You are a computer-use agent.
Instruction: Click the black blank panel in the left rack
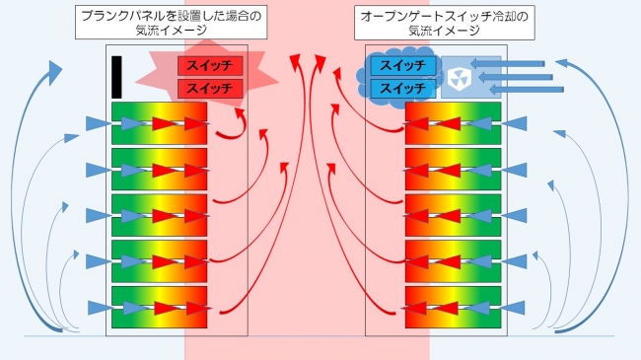pyautogui.click(x=116, y=76)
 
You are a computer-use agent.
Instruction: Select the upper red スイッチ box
pyautogui.click(x=209, y=66)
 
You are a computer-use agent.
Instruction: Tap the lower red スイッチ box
pyautogui.click(x=209, y=89)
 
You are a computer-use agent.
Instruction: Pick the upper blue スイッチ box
pyautogui.click(x=402, y=66)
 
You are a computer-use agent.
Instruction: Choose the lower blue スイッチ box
pyautogui.click(x=402, y=88)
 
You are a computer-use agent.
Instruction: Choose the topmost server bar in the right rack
pyautogui.click(x=453, y=123)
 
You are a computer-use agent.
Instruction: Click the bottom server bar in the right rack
pyautogui.click(x=453, y=309)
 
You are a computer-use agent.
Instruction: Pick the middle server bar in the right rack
pyautogui.click(x=453, y=216)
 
